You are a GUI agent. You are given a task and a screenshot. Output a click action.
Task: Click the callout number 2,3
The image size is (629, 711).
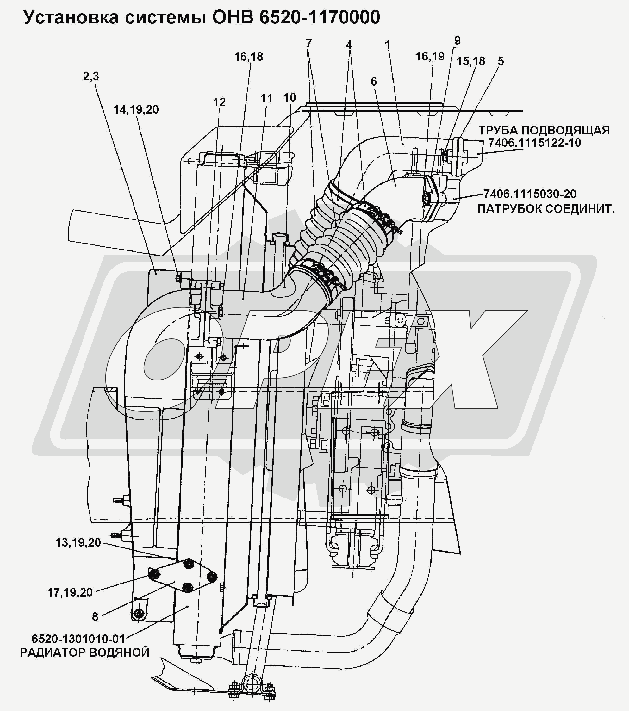[91, 77]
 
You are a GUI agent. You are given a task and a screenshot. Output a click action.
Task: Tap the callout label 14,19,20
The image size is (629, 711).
[136, 110]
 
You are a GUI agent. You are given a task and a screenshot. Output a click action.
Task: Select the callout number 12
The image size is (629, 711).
[219, 102]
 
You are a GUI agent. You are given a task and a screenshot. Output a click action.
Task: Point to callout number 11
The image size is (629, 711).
[266, 99]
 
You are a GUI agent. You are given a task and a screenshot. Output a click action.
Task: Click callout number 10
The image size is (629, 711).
[290, 98]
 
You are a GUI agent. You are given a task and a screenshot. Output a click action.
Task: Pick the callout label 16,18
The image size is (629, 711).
[248, 57]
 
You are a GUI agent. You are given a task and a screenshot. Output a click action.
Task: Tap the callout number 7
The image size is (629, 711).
[308, 44]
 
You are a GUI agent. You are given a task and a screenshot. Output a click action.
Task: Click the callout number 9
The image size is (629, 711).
[457, 41]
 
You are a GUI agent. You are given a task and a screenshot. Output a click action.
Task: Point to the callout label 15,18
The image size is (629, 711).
[470, 62]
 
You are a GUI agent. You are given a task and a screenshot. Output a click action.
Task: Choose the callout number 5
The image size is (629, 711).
[501, 61]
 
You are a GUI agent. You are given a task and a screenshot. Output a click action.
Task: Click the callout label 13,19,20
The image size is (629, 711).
[78, 543]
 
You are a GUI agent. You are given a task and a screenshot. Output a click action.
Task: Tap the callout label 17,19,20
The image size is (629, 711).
[70, 592]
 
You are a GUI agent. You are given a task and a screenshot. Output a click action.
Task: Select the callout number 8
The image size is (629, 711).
[95, 617]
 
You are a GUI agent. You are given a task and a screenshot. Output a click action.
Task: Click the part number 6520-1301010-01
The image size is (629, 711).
[78, 639]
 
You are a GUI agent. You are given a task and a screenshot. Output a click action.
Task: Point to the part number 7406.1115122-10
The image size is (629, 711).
[534, 143]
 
